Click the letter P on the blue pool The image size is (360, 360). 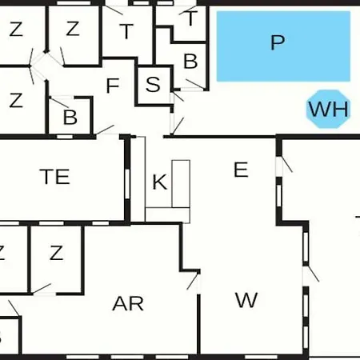(x=278, y=42)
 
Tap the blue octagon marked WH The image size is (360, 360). (x=328, y=109)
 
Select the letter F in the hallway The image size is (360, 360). (x=113, y=86)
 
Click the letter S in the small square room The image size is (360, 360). (x=153, y=84)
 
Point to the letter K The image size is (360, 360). (x=160, y=182)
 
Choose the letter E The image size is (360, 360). (x=241, y=170)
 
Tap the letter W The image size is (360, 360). (x=246, y=300)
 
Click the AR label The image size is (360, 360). (x=128, y=304)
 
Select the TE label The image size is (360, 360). (x=55, y=177)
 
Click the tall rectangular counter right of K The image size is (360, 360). (x=181, y=184)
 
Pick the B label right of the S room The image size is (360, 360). (x=190, y=61)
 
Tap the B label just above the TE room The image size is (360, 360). (x=70, y=117)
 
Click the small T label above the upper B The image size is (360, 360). (x=191, y=18)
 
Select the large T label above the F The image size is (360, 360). (x=126, y=31)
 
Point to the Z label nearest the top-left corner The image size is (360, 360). (x=16, y=29)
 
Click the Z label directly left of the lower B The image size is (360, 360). (x=16, y=100)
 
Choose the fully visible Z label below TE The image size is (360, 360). (x=56, y=253)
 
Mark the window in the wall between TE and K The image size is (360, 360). (x=127, y=184)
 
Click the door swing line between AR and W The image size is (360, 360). (x=193, y=282)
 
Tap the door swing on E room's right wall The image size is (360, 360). (x=287, y=164)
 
